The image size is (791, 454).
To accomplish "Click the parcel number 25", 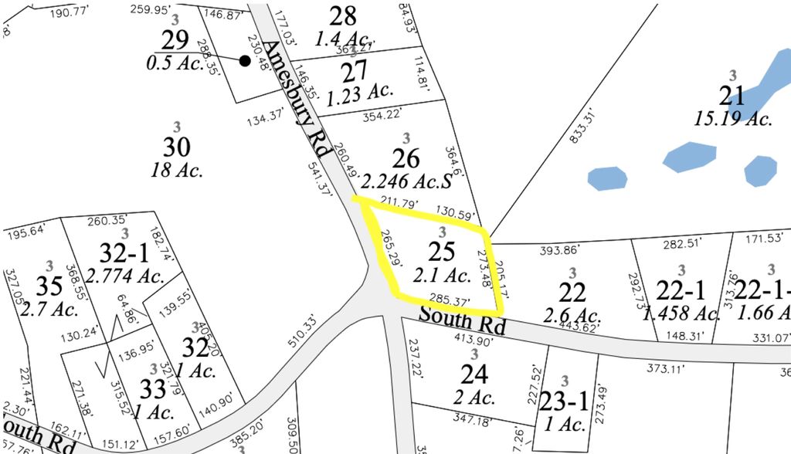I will (x=441, y=251).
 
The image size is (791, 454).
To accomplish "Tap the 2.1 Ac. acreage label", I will (x=442, y=275).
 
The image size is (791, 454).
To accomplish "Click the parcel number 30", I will (x=177, y=147).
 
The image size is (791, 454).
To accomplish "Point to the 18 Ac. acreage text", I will (x=177, y=170).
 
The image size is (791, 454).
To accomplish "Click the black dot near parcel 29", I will (x=245, y=61).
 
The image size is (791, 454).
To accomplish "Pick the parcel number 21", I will (x=732, y=96).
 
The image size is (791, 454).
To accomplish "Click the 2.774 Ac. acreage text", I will (x=125, y=275).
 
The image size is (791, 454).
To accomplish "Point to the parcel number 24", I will (x=474, y=374).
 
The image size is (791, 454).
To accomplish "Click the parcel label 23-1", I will (x=564, y=401).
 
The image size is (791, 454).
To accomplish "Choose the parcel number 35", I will (x=49, y=286).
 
